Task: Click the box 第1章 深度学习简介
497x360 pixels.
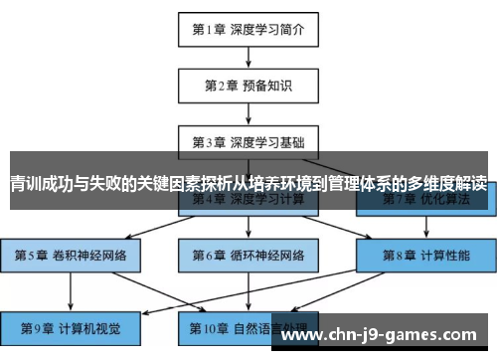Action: pos(248,29)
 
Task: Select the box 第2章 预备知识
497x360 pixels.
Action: pos(248,85)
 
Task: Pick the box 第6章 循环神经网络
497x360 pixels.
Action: pos(248,255)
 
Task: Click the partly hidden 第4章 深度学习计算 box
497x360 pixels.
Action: pos(248,202)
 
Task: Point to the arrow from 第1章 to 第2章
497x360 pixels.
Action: pos(248,57)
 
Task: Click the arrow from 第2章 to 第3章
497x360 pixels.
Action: pos(248,112)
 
